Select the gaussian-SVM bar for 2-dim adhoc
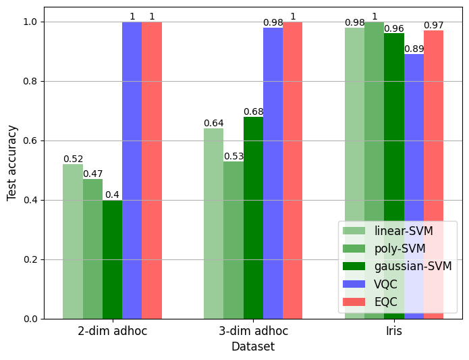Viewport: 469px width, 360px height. click(112, 259)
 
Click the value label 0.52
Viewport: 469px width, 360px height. click(73, 159)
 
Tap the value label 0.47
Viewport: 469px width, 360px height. click(92, 174)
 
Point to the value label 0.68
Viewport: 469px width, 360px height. click(253, 112)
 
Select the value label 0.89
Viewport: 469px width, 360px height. click(414, 49)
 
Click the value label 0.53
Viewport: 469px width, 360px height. click(233, 157)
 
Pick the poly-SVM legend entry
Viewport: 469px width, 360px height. click(397, 249)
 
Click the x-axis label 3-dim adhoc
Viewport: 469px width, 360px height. click(253, 332)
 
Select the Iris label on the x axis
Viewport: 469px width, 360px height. click(394, 332)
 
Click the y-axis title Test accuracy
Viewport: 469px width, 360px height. click(12, 162)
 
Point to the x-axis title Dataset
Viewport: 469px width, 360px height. click(253, 346)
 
